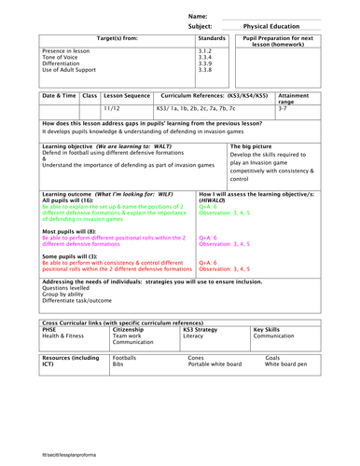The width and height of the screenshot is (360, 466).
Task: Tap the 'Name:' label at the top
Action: point(198,16)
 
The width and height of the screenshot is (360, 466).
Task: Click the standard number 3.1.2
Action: point(206,50)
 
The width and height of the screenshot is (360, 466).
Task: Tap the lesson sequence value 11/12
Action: point(112,109)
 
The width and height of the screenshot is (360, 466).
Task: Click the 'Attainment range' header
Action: point(294,99)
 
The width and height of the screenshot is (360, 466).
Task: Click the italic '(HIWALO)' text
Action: point(214,200)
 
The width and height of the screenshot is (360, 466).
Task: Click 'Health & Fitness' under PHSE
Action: point(65,336)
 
